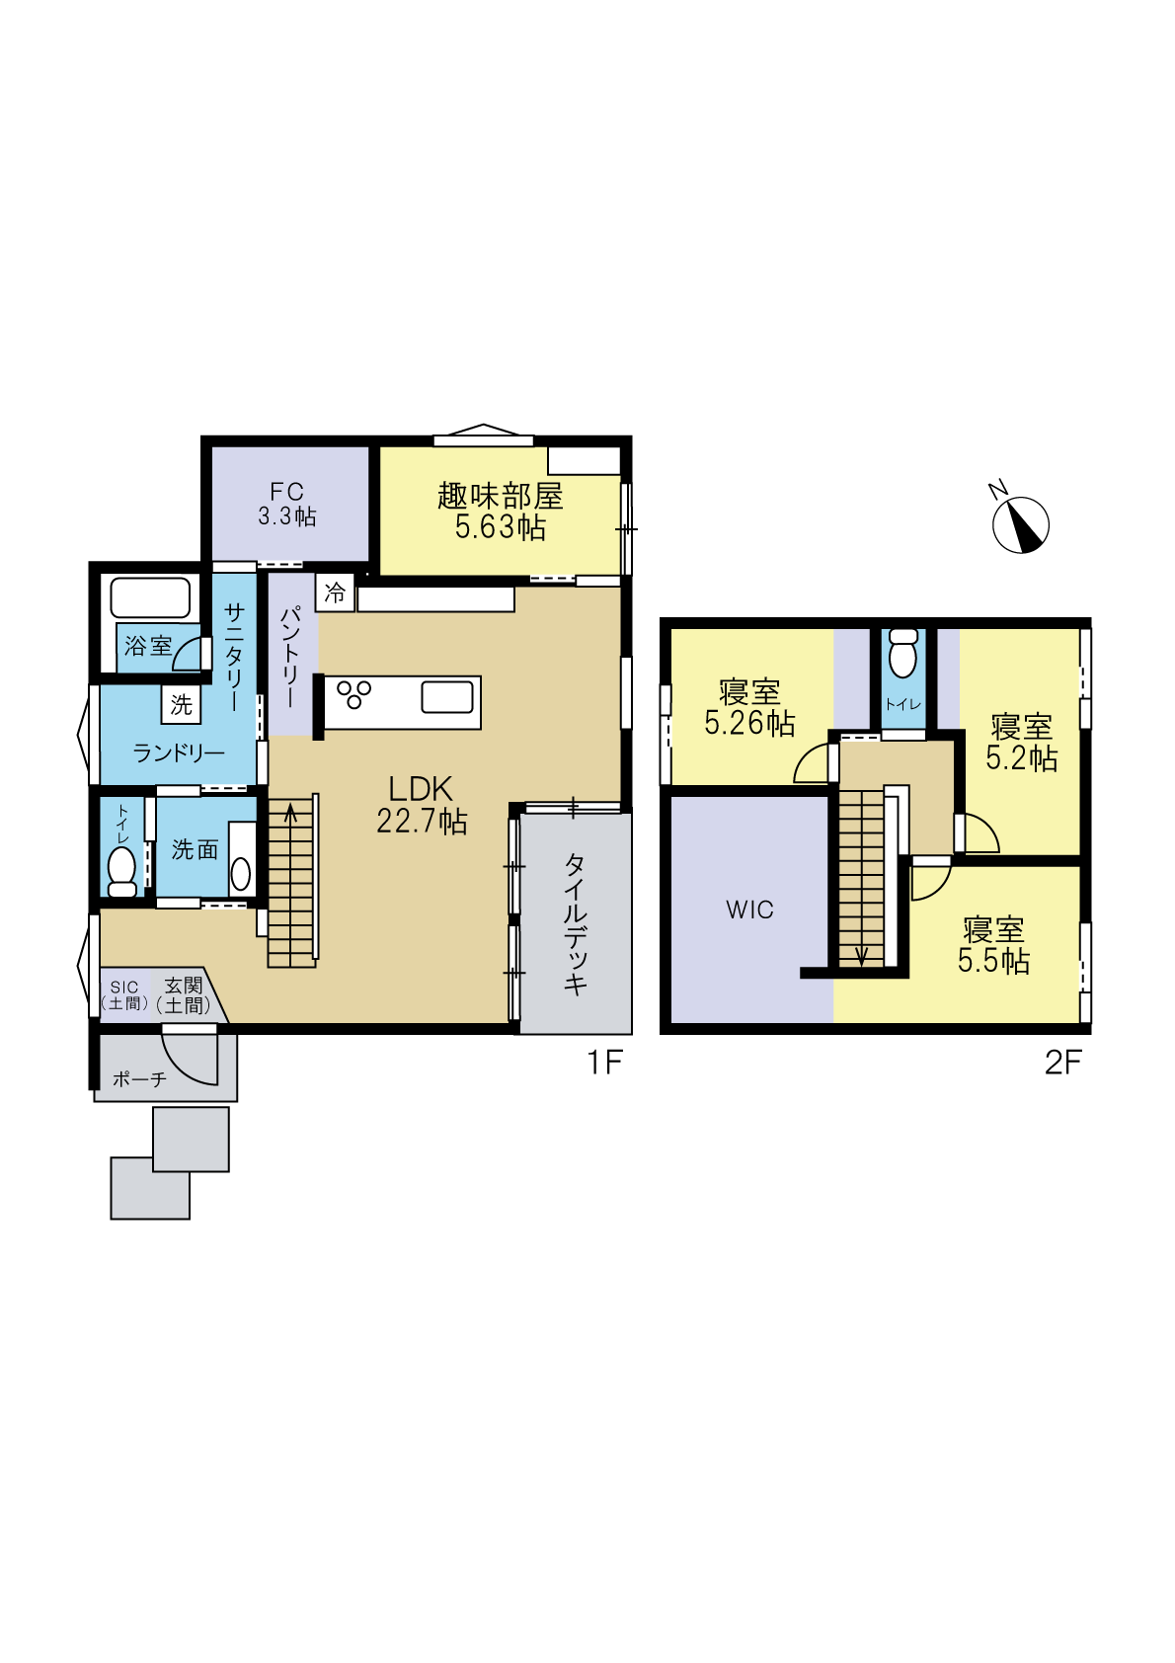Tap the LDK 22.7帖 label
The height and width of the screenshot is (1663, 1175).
coord(421,805)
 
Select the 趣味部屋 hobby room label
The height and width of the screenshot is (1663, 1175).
coord(501,511)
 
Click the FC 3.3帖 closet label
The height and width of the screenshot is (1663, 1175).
coord(287,504)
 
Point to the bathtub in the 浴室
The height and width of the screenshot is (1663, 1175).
coord(151,597)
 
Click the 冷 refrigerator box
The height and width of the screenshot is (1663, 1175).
coord(335,593)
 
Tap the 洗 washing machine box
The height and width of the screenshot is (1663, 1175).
coord(181,704)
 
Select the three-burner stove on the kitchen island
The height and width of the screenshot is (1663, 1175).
coord(354,694)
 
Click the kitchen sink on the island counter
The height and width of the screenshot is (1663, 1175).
coord(447,697)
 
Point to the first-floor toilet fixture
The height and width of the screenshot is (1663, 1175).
coord(122,872)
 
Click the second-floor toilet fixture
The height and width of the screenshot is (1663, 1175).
coord(902,653)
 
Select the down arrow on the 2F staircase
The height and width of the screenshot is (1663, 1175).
coord(861,955)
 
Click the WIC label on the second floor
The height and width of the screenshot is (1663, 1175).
coord(749,910)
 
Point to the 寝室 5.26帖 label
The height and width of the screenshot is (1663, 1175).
coord(749,707)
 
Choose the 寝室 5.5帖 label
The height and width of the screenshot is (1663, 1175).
coord(993,945)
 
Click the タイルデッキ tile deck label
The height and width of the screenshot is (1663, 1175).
coord(576,923)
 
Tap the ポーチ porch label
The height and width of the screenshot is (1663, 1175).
coord(139,1079)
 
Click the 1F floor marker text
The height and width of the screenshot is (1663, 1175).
coord(605,1064)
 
